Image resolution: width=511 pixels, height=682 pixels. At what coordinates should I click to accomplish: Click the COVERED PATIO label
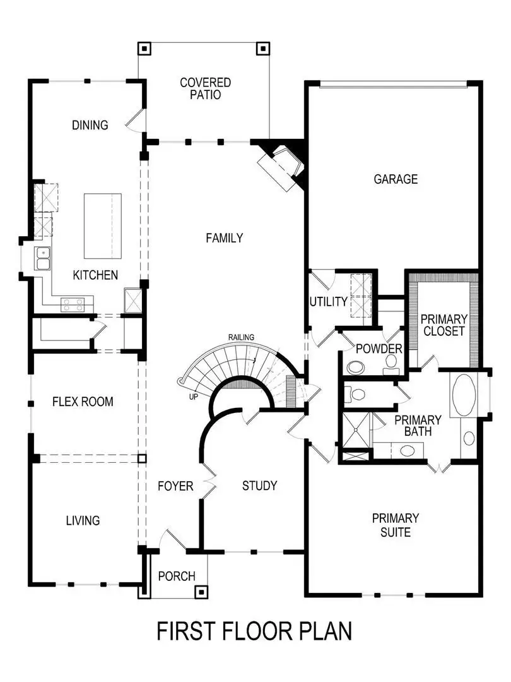205,88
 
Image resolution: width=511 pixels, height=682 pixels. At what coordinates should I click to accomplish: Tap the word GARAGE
396,179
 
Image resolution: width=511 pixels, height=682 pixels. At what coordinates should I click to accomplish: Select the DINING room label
90,125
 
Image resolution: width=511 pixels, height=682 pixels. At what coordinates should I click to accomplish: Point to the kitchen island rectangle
102,225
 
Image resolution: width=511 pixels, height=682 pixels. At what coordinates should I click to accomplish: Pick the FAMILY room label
224,238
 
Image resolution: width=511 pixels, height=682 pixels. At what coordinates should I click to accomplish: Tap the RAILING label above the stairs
241,337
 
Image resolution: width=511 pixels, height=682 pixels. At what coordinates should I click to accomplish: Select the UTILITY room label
327,302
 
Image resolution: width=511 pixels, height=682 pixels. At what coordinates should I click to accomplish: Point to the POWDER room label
379,349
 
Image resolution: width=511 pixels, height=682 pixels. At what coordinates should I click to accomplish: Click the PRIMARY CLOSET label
443,325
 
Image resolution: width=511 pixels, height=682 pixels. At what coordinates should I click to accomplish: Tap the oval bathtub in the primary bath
465,395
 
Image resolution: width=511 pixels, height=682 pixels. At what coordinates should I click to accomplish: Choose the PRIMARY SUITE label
395,525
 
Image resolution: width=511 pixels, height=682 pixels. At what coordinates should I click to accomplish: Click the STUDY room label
259,486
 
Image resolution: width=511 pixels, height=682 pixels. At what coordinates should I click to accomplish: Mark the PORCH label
176,576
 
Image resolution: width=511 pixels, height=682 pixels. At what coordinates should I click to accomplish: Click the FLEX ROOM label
83,402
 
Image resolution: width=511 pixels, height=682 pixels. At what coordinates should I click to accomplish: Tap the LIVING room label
83,521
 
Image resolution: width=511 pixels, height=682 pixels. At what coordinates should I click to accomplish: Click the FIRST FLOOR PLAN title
254,631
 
